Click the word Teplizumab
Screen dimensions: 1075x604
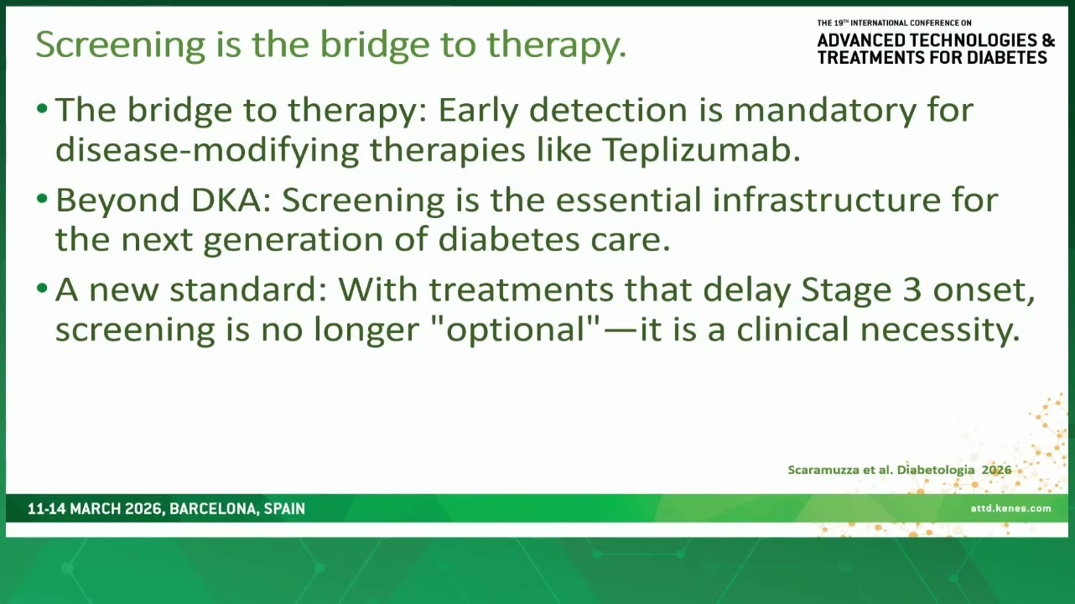pos(701,149)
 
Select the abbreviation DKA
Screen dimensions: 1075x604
pos(231,200)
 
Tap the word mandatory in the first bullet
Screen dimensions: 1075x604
pos(825,110)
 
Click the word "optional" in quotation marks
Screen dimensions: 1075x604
pos(517,331)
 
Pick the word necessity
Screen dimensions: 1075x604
pos(940,331)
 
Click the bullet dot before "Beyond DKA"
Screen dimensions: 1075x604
pos(42,198)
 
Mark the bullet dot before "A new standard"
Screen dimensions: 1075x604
pos(42,288)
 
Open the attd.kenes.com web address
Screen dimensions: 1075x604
pos(1010,508)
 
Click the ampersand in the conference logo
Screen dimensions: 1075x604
pos(1048,40)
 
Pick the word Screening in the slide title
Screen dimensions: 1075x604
pos(121,44)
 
